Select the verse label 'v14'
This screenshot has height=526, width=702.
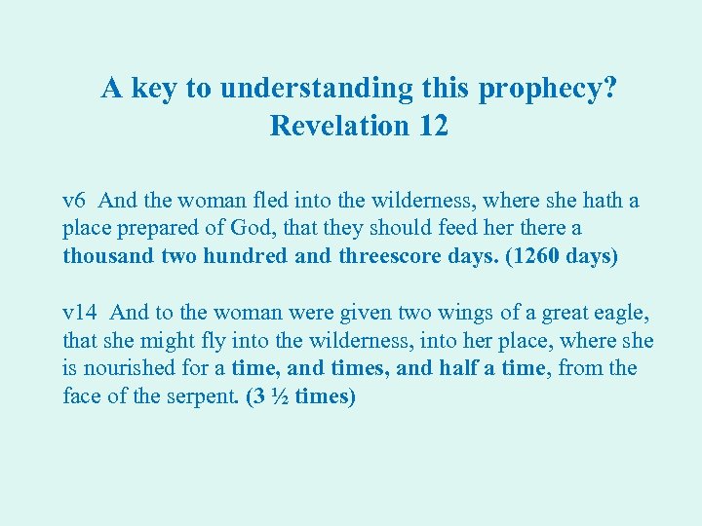coord(80,313)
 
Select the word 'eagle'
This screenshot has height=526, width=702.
coord(622,313)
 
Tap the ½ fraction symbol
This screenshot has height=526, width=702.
coord(275,396)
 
